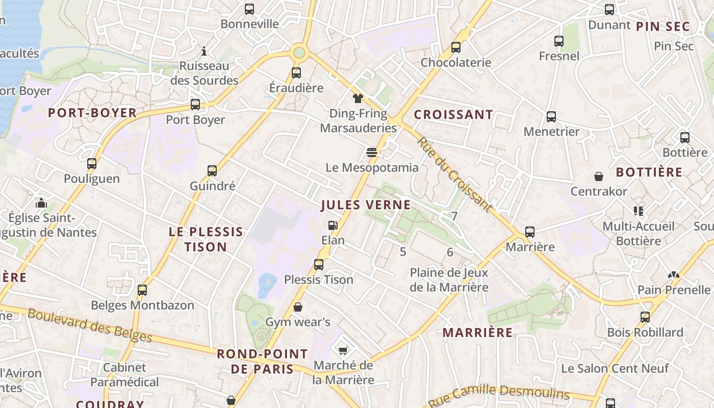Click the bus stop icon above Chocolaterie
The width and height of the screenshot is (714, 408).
456,47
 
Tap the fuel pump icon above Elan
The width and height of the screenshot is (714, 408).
333,225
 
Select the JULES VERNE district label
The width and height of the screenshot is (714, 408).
366,205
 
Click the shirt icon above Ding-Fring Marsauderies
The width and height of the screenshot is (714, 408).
358,98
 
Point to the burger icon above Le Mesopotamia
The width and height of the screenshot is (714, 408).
372,152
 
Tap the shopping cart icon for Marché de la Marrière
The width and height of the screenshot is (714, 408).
343,350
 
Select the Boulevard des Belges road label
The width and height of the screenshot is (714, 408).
90,325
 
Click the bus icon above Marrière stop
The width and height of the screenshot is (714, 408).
530,232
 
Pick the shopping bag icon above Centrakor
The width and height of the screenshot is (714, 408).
599,176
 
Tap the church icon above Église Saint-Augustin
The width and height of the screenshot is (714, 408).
41,203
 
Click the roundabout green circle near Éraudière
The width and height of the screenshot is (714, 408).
299,52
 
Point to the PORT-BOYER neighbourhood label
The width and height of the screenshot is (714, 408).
92,113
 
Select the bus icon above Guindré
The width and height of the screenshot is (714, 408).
212,170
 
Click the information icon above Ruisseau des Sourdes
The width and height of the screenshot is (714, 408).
204,51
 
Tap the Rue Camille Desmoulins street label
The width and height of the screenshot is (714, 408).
498,395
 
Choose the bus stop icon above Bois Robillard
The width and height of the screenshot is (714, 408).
645,317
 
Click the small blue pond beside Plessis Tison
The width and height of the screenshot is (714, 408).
267,283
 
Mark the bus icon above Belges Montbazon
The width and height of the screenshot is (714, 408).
142,290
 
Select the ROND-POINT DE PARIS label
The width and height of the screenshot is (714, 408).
262,361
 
